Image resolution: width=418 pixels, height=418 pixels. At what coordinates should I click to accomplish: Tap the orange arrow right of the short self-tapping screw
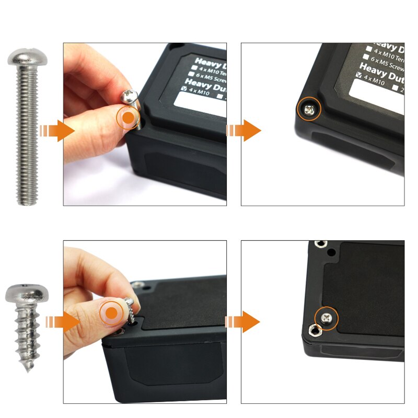point(63,322)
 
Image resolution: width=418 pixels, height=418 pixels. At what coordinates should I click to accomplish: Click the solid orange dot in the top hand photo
point(127,119)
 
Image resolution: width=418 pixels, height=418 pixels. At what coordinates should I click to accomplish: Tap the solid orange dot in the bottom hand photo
point(112,312)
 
